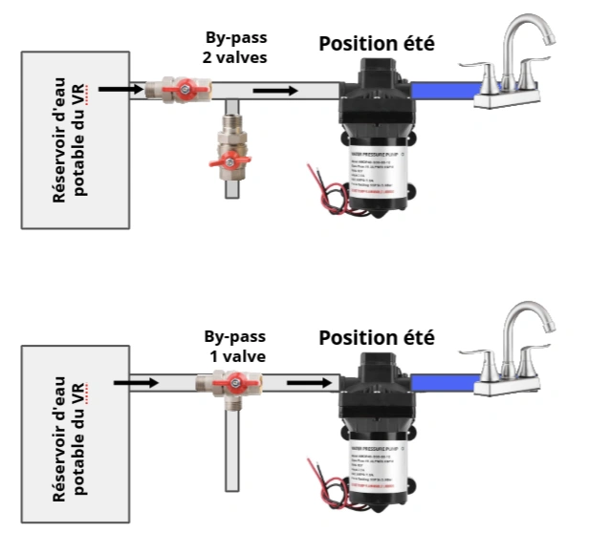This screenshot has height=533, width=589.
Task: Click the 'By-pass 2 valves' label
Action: (x=235, y=48)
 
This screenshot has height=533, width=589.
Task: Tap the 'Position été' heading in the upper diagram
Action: (x=377, y=43)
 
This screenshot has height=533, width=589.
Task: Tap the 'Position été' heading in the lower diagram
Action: (x=377, y=338)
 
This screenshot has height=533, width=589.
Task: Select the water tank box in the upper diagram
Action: (x=74, y=140)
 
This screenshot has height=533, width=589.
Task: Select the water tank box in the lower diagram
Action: (x=74, y=436)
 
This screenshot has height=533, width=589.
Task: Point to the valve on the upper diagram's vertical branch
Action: (x=229, y=158)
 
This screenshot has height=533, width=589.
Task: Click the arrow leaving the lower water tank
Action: (x=135, y=383)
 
